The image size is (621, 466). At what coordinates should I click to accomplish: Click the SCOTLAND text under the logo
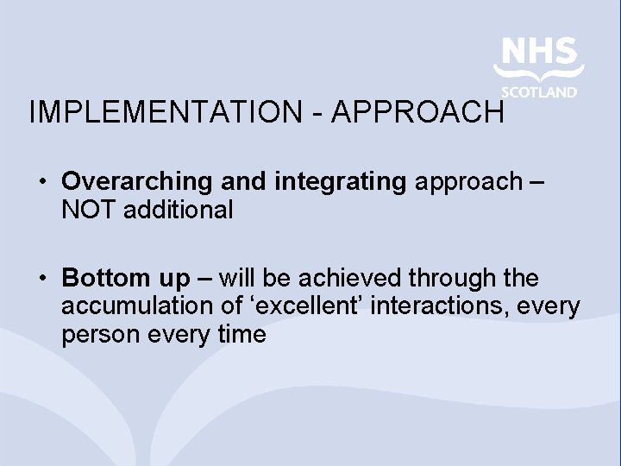click(x=539, y=92)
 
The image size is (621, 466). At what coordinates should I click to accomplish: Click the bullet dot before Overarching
click(x=42, y=182)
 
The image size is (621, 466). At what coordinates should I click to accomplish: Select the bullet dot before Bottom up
click(x=42, y=279)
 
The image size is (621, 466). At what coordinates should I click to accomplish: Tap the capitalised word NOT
click(x=90, y=210)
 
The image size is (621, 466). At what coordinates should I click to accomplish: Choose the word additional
click(x=179, y=210)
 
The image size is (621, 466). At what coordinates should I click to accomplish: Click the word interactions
click(x=448, y=306)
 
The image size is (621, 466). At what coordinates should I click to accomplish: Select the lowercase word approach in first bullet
click(x=468, y=182)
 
